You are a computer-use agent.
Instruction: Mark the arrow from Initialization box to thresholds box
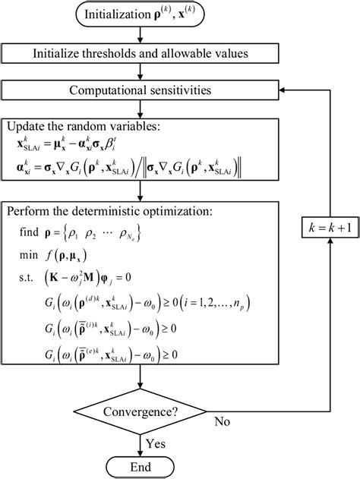coord(141,35)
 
